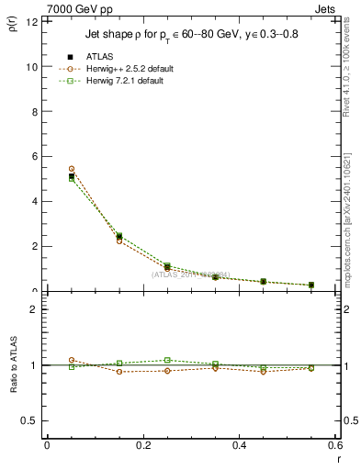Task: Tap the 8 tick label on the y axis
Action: click(34, 112)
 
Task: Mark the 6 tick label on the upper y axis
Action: click(34, 157)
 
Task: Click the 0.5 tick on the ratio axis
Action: click(30, 420)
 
